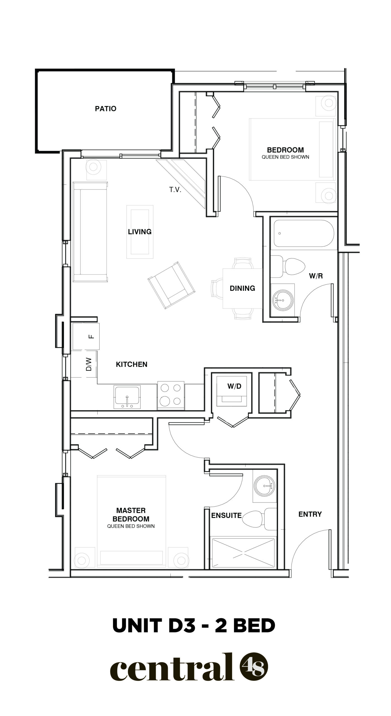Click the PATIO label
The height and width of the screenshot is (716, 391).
point(106,109)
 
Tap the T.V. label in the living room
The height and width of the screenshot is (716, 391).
point(175,190)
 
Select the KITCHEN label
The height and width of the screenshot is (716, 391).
point(132,364)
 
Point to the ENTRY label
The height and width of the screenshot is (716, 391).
point(310,514)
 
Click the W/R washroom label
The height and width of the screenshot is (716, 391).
point(316,276)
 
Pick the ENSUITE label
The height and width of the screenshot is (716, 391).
point(226,515)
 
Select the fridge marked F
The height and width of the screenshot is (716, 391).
point(86,336)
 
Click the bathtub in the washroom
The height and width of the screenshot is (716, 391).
point(304,234)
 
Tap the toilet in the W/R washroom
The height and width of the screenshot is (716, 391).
point(288,267)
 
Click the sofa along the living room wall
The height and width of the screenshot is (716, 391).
point(90,232)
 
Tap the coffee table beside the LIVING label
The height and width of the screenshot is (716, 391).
point(140,232)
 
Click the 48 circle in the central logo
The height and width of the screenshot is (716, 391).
point(254,672)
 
